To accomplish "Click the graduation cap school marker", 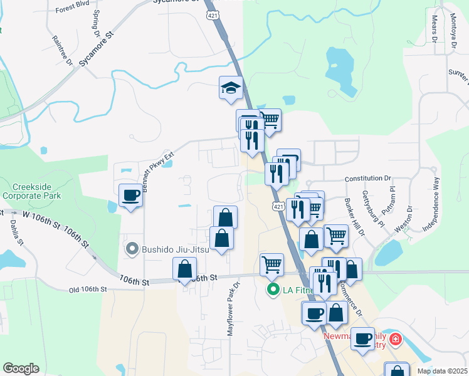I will click(x=231, y=88).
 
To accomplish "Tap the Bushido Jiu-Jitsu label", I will click(x=170, y=249).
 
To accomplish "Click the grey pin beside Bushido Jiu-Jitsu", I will click(x=132, y=249).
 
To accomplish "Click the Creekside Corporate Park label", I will click(x=38, y=192).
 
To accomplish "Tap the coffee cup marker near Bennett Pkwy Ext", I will click(x=130, y=196).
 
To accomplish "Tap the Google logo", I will click(x=21, y=368).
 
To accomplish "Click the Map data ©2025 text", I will click(x=443, y=371).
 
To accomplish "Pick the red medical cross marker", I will click(x=395, y=340).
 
